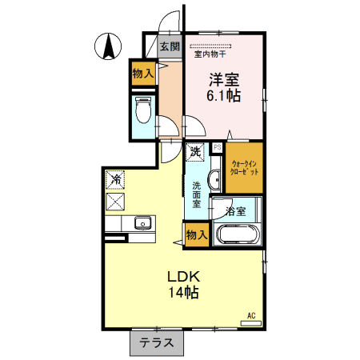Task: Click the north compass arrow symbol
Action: pos(106,47)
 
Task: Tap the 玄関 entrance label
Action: pos(169,46)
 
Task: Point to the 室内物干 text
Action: pos(210,55)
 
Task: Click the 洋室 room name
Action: pos(225,79)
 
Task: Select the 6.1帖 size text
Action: pos(225,96)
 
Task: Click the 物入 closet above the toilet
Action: pos(143,74)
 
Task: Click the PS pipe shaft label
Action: pos(218,147)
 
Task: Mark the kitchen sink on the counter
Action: pos(142,223)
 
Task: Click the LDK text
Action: pos(183,277)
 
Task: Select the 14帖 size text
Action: pos(183,293)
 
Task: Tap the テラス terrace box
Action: pos(156,343)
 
